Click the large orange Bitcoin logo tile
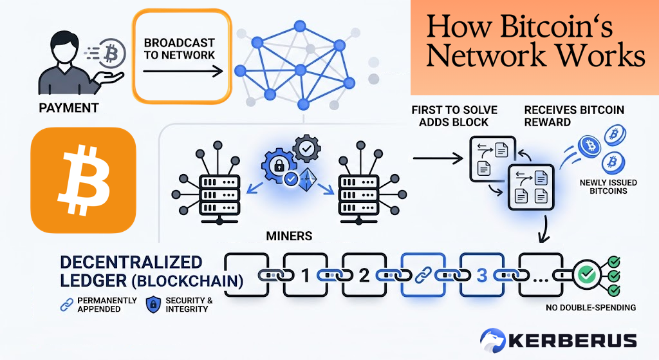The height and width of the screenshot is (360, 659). [83, 180]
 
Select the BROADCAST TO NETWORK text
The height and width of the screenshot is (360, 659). [180, 48]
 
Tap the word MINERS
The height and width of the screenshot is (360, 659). [289, 236]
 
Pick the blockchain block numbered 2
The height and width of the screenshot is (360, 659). [364, 276]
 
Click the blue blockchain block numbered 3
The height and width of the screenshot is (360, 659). [481, 276]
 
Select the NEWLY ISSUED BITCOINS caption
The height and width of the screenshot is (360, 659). [608, 187]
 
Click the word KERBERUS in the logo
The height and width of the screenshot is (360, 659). [575, 340]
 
